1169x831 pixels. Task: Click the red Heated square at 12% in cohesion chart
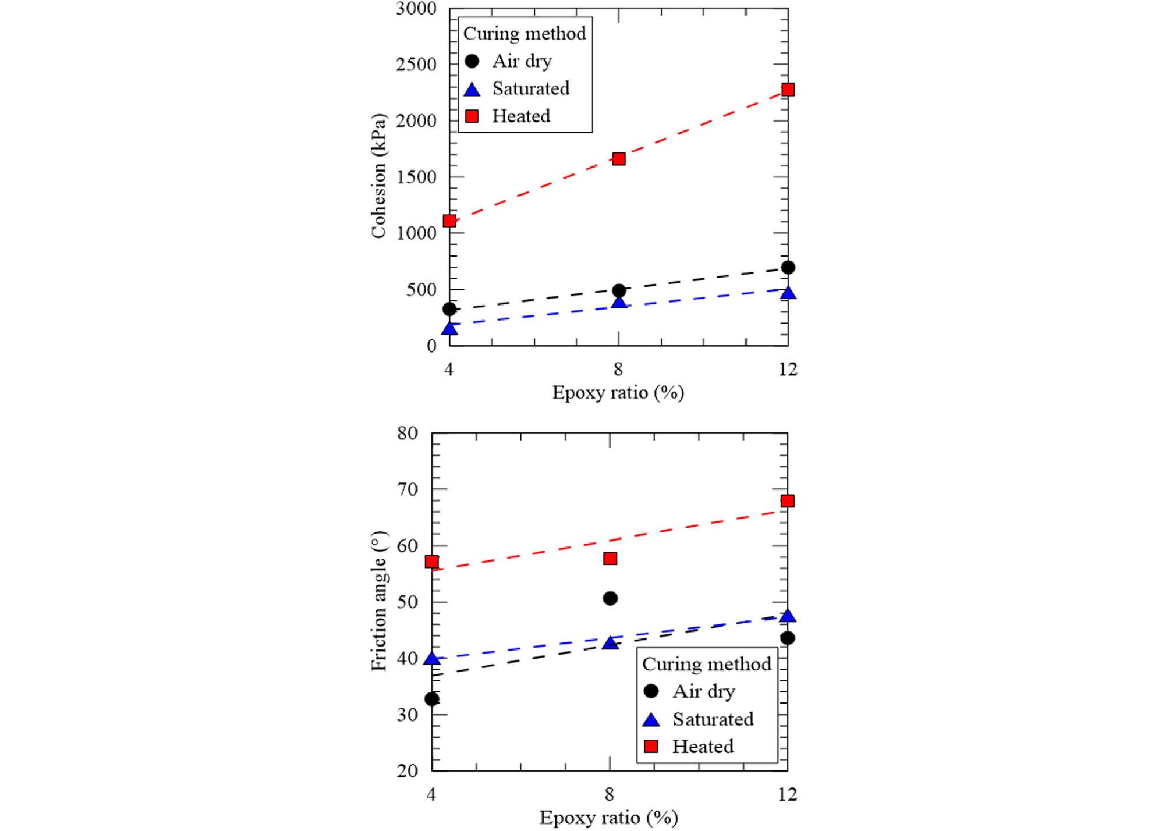click(788, 90)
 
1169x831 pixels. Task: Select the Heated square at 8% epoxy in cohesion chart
click(619, 159)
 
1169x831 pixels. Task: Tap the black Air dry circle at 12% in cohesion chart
click(788, 268)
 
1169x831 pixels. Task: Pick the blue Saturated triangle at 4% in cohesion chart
click(449, 329)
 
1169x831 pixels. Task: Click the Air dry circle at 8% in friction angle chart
click(610, 598)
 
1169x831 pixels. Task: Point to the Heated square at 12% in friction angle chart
click(787, 501)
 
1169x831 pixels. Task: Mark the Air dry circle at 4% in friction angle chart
click(432, 699)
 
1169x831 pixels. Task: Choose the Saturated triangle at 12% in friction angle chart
click(787, 616)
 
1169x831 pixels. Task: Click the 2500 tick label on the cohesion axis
click(416, 65)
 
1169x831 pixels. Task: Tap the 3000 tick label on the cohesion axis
click(416, 9)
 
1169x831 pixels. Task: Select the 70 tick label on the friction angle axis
click(408, 489)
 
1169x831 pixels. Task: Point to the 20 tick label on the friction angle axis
click(408, 771)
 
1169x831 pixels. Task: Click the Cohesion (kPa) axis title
click(379, 176)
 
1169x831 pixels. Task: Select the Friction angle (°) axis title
click(379, 601)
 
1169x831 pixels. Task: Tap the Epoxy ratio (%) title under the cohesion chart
click(618, 393)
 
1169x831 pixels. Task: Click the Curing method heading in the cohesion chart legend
click(525, 34)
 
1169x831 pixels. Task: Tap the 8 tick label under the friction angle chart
click(610, 794)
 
